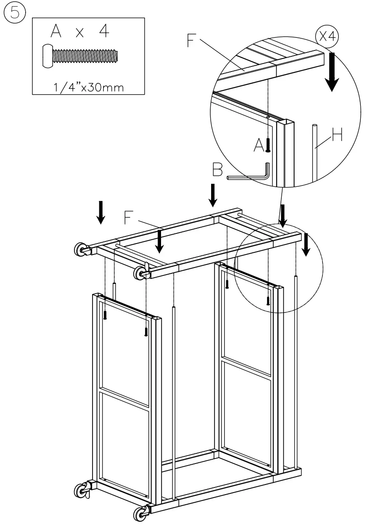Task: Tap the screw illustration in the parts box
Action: pyautogui.click(x=80, y=56)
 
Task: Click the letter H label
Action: pyautogui.click(x=337, y=135)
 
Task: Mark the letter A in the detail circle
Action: pyautogui.click(x=259, y=145)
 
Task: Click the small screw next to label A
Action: pyautogui.click(x=268, y=145)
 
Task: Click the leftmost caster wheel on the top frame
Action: pyautogui.click(x=80, y=249)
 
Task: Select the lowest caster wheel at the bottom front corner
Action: pyautogui.click(x=139, y=514)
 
